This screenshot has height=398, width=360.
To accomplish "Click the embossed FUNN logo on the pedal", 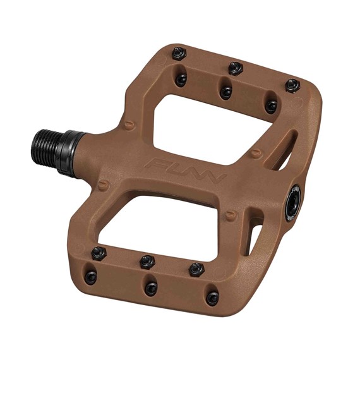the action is (x=187, y=170).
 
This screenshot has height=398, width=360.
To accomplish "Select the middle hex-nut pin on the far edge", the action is (x=236, y=68).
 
